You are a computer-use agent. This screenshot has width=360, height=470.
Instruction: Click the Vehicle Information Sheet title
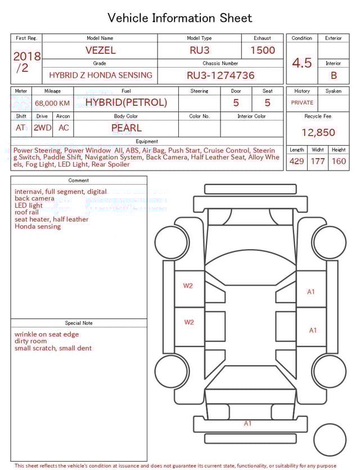[x=180, y=18]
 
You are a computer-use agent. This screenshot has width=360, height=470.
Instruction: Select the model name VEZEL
[x=100, y=50]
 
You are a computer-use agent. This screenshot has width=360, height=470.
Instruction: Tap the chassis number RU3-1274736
[x=220, y=75]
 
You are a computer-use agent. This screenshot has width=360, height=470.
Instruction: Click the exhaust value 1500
[x=263, y=50]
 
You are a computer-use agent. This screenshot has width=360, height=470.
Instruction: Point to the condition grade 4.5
[x=302, y=63]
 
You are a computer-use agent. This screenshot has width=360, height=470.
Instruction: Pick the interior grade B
[x=334, y=75]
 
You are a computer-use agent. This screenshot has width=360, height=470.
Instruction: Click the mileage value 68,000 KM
[x=52, y=103]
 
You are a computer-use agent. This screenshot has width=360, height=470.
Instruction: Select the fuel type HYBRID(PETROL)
[x=126, y=102]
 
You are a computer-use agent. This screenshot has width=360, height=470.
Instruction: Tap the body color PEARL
[x=127, y=128]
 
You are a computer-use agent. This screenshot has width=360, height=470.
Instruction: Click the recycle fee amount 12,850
[x=318, y=133]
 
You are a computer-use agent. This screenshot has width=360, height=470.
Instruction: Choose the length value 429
[x=296, y=161]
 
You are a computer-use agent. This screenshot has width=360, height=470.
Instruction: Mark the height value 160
[x=339, y=161]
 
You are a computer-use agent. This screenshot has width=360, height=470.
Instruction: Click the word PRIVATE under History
[x=302, y=103]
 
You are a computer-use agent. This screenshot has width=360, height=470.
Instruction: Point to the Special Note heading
[x=79, y=323]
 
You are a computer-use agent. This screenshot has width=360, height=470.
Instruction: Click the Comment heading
[x=79, y=181]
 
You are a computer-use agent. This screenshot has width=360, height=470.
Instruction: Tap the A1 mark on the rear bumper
[x=247, y=423]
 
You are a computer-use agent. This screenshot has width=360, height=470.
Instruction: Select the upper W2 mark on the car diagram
[x=188, y=286]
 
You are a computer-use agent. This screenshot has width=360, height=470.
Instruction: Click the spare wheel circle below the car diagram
[x=330, y=440]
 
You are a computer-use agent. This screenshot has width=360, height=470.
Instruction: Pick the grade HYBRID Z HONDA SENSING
[x=100, y=75]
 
